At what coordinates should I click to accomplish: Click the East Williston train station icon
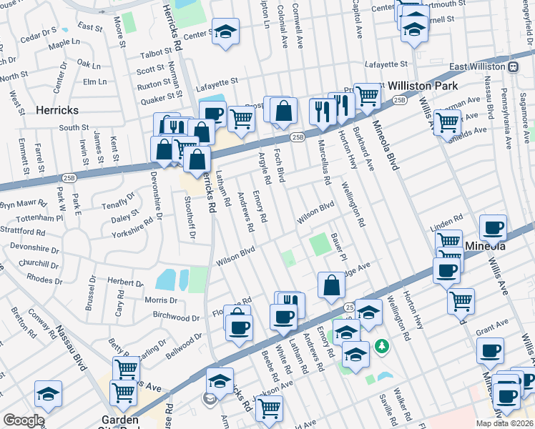point(513,66)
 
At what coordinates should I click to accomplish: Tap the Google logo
point(23,420)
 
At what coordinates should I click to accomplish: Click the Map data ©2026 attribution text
point(504,423)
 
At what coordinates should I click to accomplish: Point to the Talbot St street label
point(152,54)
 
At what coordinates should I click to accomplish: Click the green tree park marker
point(383,347)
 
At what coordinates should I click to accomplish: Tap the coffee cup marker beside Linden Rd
point(493,228)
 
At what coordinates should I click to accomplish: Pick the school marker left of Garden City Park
point(48,393)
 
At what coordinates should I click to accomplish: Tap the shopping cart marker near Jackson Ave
point(270,408)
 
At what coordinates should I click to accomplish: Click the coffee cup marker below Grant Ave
point(491,350)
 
